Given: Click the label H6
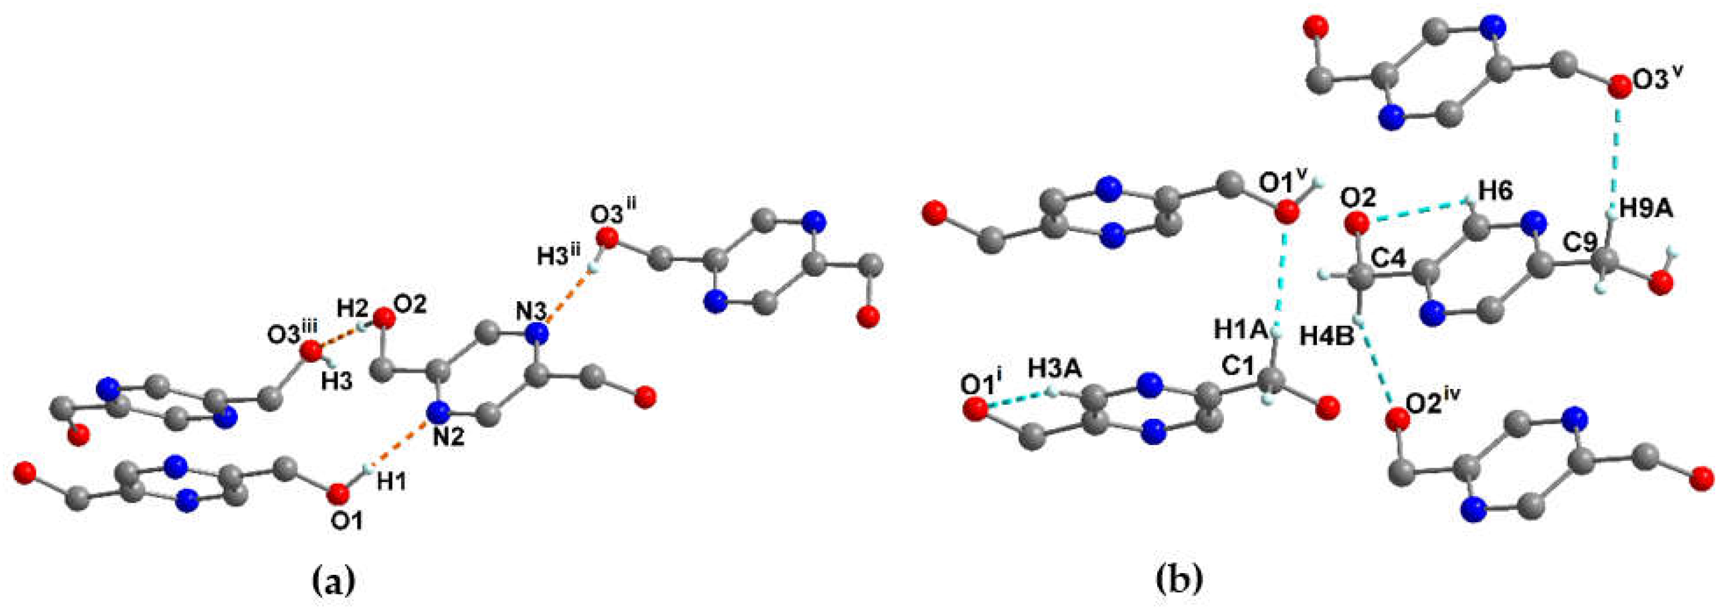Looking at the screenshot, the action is [x=1495, y=191].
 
